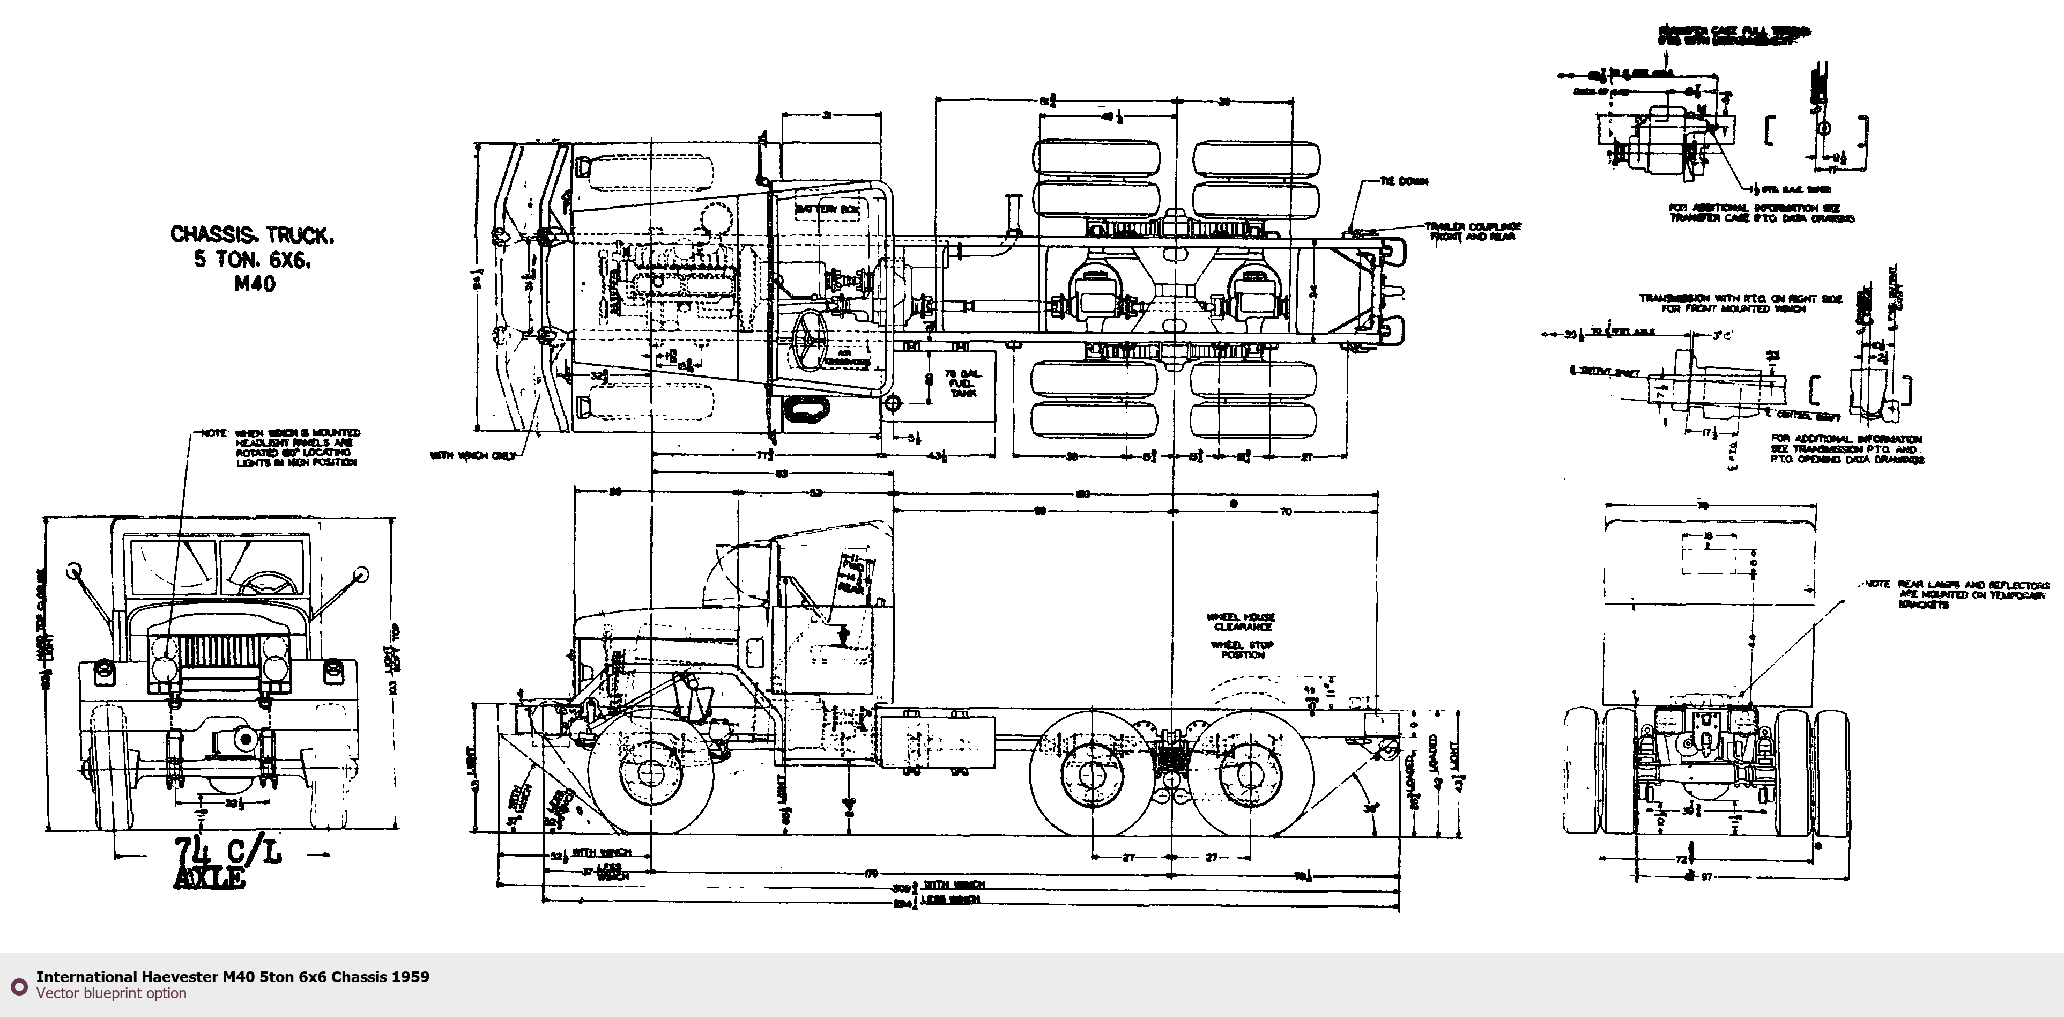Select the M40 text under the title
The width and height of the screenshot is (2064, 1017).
[255, 284]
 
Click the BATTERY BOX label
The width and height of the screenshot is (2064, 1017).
[826, 209]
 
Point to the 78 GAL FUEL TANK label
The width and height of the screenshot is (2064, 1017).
[961, 383]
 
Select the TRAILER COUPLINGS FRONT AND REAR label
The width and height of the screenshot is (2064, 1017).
[1473, 232]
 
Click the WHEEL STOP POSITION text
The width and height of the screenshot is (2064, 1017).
[1242, 649]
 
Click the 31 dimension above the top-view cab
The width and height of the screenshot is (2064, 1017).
[827, 115]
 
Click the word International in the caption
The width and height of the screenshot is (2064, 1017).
[86, 977]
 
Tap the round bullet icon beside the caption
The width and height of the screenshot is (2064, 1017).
[18, 985]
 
